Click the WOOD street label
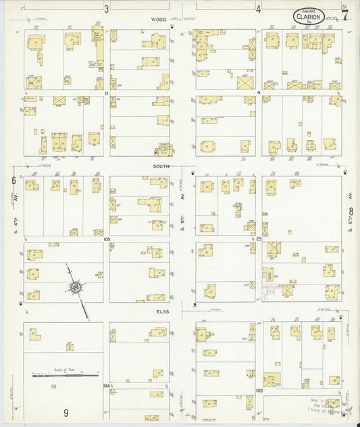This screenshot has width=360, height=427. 159,20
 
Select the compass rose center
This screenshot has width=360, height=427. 75,288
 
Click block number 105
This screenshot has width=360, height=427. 107,239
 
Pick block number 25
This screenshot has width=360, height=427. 258,239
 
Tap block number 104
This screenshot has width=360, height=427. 106,386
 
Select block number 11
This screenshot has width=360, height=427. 107,93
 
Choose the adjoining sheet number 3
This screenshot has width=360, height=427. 107,9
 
